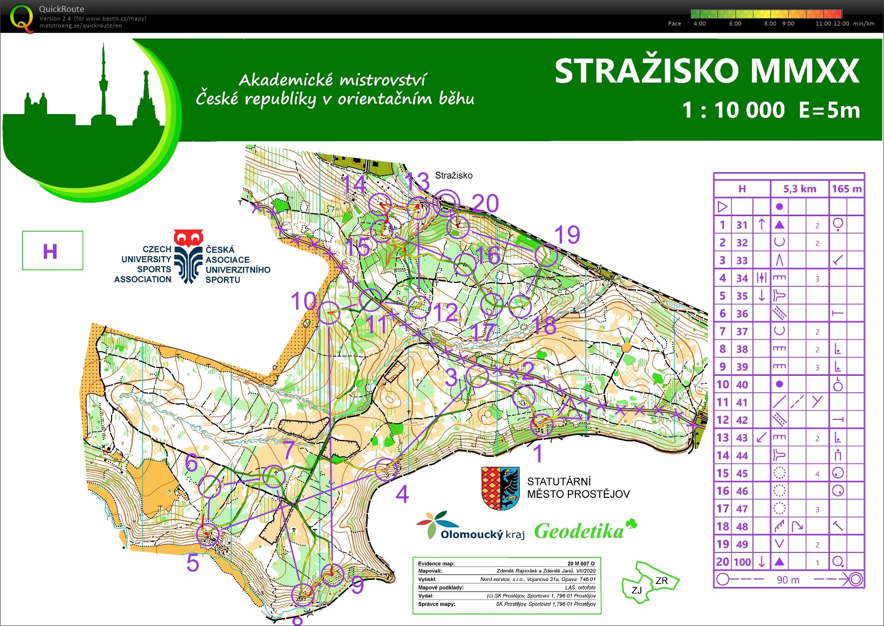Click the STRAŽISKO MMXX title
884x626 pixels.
706,71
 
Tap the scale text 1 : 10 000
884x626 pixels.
733,110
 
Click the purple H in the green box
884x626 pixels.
50,251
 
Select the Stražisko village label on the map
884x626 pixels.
453,175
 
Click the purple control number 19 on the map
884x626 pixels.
567,235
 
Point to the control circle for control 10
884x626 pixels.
329,312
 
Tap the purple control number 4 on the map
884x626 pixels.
402,494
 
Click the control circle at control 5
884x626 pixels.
208,535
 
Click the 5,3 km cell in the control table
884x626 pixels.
799,189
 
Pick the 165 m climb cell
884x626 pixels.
846,189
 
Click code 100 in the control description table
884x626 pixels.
742,562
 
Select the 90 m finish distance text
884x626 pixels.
788,580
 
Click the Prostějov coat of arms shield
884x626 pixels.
500,488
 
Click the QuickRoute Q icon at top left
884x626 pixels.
22,18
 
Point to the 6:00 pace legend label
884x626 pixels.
735,24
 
